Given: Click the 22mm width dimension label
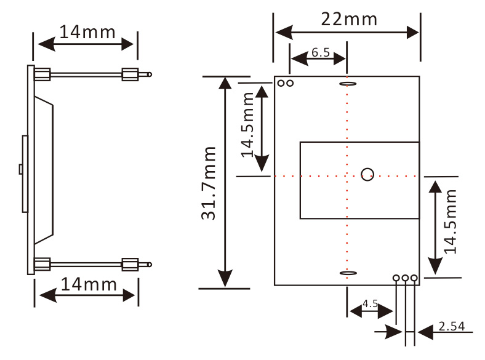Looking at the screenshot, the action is [x=349, y=20].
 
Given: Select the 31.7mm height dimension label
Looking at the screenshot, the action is [x=209, y=183].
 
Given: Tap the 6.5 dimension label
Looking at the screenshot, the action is [x=321, y=52].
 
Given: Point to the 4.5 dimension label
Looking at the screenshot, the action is [x=371, y=303].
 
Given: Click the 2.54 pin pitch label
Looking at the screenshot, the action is [x=452, y=326].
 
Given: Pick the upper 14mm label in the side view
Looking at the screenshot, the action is [x=87, y=32].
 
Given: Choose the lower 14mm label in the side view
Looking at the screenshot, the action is [x=89, y=284].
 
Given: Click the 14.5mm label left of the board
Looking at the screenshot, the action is [x=247, y=125].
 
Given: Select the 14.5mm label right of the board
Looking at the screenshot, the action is [x=451, y=222].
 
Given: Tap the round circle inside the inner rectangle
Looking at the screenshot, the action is [x=367, y=174].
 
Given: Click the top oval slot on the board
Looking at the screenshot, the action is [x=348, y=84].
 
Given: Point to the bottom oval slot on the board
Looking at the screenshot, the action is [x=348, y=273].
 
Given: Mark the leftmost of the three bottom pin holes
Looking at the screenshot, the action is [x=396, y=278].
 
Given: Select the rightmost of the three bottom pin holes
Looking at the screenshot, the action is [x=414, y=278].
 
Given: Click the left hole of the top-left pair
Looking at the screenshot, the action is [x=281, y=83].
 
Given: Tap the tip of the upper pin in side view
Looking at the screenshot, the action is [x=151, y=74].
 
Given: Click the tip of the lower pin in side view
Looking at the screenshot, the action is [x=151, y=265].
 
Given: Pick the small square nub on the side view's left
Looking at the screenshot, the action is [x=21, y=169].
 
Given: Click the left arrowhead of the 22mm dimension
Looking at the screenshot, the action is [x=284, y=33].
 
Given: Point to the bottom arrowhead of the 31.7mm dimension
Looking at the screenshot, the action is [x=225, y=278].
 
